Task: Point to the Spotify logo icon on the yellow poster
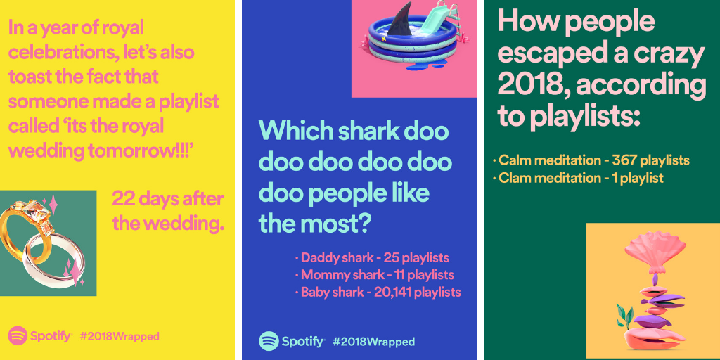[x=18, y=336]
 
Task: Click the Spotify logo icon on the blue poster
[x=269, y=341]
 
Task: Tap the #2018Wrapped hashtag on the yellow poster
[x=120, y=337]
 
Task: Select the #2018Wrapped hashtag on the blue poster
[x=373, y=342]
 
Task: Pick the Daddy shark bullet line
[x=372, y=257]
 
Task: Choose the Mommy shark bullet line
[x=375, y=275]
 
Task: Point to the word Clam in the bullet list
[x=513, y=178]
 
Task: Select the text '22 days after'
[x=167, y=199]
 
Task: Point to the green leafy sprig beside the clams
[x=625, y=319]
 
